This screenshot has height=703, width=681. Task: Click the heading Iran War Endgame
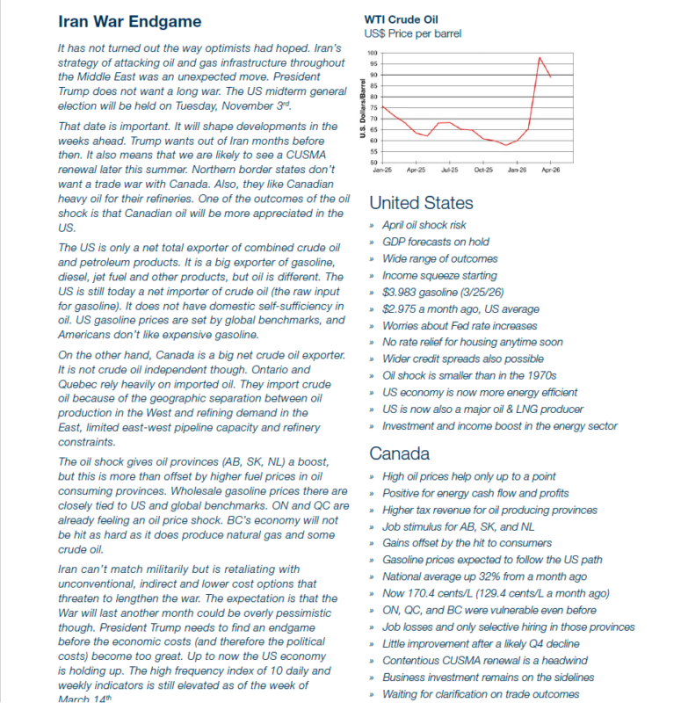[x=129, y=22]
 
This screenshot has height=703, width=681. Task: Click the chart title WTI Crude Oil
[x=401, y=19]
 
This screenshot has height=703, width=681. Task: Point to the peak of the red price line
[x=540, y=58]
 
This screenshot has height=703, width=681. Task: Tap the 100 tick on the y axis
[x=373, y=54]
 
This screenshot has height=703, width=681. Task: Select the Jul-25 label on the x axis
[x=449, y=169]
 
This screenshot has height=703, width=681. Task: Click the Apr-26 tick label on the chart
[x=550, y=169]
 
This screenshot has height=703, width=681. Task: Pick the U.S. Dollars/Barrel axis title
[x=362, y=109]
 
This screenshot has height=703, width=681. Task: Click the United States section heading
[x=421, y=203]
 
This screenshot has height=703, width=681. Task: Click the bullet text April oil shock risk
[x=424, y=225]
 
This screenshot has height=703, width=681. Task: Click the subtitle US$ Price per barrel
[x=412, y=34]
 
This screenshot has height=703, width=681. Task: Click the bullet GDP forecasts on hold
[x=436, y=242]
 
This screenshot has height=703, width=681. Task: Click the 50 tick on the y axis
[x=374, y=163]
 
